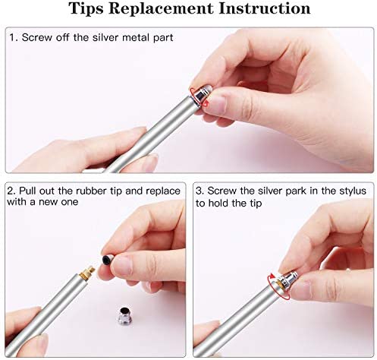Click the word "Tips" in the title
(x=86, y=9)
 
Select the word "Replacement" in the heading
(x=161, y=9)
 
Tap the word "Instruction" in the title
(x=265, y=8)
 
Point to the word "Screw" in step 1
(x=37, y=37)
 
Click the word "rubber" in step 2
(x=92, y=191)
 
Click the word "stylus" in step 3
(x=353, y=191)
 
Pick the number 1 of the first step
(x=12, y=37)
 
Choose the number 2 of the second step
(x=10, y=191)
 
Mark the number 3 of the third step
(x=199, y=191)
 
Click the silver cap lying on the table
(x=124, y=316)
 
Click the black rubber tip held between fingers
(x=108, y=260)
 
